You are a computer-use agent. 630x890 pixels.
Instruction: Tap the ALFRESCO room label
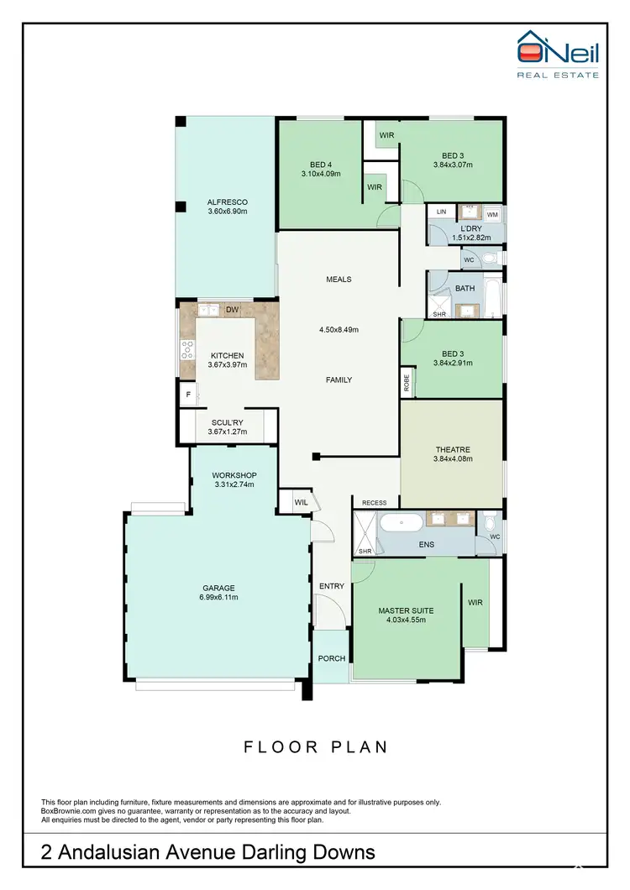[x=227, y=202]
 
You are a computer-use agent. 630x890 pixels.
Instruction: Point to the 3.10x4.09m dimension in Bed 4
[x=321, y=174]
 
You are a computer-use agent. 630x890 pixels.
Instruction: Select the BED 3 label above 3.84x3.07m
[x=453, y=155]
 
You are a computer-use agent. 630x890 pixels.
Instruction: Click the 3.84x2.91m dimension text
[x=453, y=363]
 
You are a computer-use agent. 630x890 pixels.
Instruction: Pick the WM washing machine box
[x=492, y=215]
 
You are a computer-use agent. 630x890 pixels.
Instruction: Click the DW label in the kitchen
[x=232, y=310]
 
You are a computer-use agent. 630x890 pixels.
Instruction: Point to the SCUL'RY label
[x=227, y=423]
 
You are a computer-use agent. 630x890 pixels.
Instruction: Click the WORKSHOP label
[x=233, y=474]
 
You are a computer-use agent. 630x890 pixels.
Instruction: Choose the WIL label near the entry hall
[x=301, y=502]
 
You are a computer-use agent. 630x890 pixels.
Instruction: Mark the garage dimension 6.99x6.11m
[x=218, y=597]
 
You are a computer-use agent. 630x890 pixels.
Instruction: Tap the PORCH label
[x=331, y=657]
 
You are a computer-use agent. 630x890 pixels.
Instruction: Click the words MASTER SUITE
[x=407, y=610]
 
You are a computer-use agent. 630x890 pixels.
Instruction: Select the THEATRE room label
[x=453, y=449]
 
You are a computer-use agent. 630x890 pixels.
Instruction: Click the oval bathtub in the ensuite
[x=401, y=523]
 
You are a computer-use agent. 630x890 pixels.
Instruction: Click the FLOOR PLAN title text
[x=316, y=746]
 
